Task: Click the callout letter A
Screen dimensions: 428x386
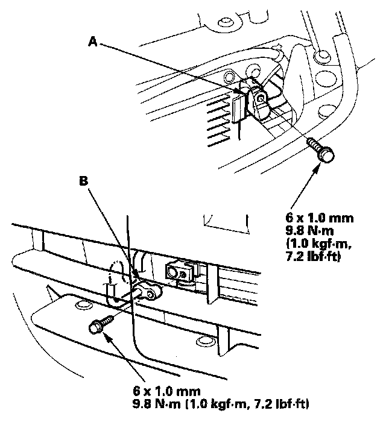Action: coord(92,41)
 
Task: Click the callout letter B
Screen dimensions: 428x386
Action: coord(85,180)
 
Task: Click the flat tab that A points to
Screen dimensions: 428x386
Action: coord(238,105)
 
